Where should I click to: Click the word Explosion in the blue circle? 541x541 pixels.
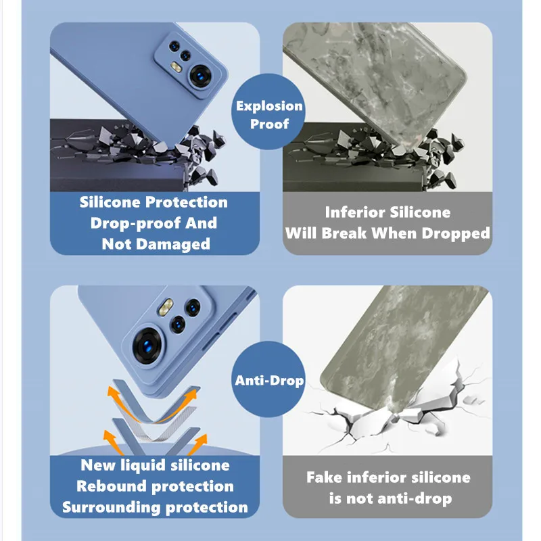[x=269, y=106]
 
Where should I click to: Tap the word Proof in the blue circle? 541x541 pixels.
[x=269, y=124]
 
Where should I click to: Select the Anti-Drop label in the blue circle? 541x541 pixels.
[x=269, y=381]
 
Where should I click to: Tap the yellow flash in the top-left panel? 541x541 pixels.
[x=176, y=67]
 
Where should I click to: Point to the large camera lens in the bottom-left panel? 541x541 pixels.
[x=147, y=346]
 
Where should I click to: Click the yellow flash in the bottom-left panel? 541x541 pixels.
[x=166, y=307]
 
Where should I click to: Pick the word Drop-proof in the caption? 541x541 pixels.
[x=135, y=224]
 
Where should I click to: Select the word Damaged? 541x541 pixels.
[x=173, y=245]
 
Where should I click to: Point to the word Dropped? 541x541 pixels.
[x=456, y=233]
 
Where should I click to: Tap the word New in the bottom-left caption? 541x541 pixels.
[x=98, y=465]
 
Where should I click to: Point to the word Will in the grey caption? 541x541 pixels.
[x=301, y=233]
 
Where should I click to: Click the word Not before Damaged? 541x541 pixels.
[x=116, y=244]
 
